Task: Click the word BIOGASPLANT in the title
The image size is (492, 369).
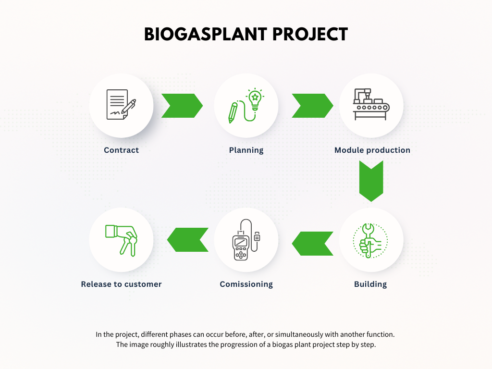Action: point(205,34)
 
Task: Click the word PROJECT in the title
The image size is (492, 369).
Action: point(310,34)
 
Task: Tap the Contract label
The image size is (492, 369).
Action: point(121,150)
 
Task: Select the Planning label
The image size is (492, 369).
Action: point(246,150)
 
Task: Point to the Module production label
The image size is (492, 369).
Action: point(372,150)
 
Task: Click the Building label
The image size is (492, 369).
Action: point(370,284)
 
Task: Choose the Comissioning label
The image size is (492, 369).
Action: point(246,284)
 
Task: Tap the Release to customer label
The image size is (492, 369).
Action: point(121,284)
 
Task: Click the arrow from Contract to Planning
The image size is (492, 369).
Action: point(182,106)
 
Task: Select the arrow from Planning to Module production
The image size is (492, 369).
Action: point(312,106)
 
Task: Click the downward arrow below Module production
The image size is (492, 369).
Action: point(371,181)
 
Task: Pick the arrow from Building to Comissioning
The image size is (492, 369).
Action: point(312,244)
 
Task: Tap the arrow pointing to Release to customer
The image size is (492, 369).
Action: point(188,240)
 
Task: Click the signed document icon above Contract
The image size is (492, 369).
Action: point(121,104)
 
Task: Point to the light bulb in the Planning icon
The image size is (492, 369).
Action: point(255,99)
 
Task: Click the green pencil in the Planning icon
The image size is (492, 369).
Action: point(233,113)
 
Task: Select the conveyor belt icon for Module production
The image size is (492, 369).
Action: point(371,104)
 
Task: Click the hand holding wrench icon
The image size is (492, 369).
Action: point(370,241)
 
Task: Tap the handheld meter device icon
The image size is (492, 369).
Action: point(246,240)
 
